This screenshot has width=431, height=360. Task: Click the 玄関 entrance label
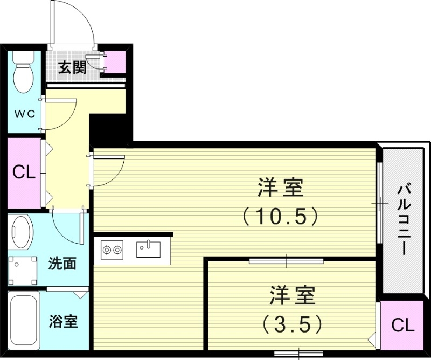[x=72, y=67]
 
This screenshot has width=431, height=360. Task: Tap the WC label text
[x=24, y=114]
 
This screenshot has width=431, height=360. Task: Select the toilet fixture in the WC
[x=23, y=73]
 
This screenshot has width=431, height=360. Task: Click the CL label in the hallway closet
[x=24, y=172]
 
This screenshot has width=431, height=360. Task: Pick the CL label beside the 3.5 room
[x=402, y=325]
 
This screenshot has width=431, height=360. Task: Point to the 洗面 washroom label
[x=62, y=264]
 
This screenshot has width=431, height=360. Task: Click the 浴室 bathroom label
[x=63, y=322]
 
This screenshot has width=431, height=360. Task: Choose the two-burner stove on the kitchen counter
[x=112, y=250]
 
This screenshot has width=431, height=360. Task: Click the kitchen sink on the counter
[x=148, y=249]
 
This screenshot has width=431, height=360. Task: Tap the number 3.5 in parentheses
[x=293, y=324]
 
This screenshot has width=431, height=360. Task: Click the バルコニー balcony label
[x=404, y=220]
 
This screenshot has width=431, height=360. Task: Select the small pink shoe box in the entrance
[x=115, y=61]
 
